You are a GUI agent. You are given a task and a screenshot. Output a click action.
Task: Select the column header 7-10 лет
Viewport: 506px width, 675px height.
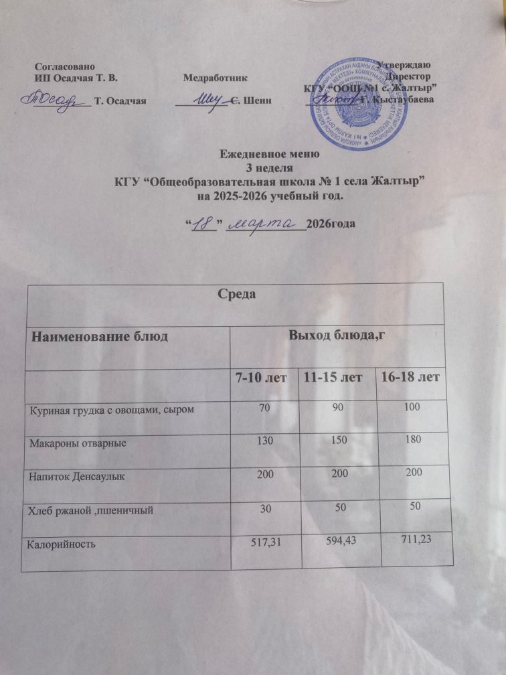[x=258, y=378]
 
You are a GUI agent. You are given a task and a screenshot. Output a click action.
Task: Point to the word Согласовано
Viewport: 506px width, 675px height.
[x=65, y=66]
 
